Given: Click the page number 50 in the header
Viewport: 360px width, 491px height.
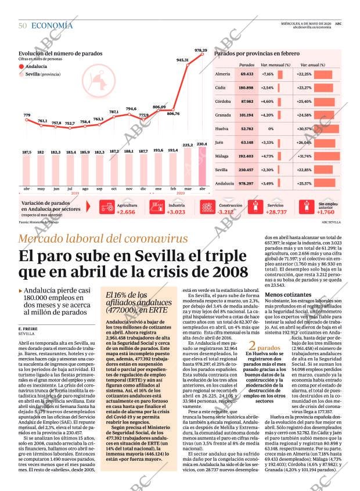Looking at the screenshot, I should [23, 26].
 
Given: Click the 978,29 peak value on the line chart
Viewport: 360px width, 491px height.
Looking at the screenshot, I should [201, 50].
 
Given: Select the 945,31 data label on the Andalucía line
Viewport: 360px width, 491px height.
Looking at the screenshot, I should [182, 60].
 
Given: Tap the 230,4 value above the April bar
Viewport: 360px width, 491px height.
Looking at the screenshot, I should [201, 144].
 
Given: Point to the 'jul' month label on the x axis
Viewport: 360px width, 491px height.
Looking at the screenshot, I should [70, 189].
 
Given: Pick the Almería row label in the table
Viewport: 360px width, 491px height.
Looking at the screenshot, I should [222, 74].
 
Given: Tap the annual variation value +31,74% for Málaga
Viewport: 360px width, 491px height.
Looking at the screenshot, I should [305, 157].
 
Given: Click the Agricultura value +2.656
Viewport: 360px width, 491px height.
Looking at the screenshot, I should [125, 212].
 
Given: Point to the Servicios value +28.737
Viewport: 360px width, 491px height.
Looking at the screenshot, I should [276, 212].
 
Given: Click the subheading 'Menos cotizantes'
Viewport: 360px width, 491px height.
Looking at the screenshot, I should [285, 295].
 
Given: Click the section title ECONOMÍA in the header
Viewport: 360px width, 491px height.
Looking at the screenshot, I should [52, 26].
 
